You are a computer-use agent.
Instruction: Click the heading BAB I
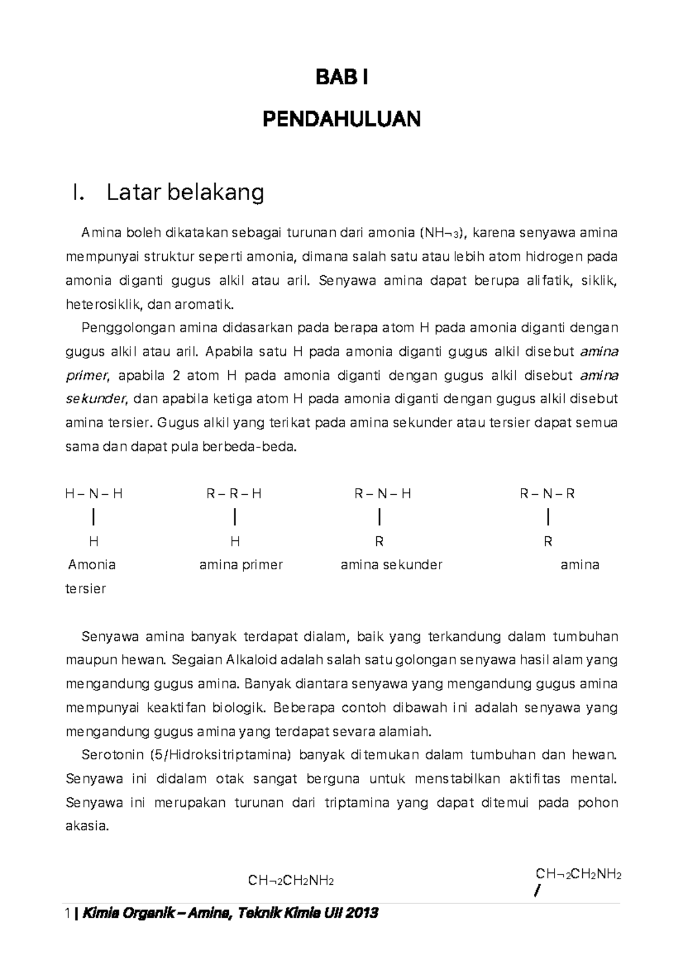(341, 78)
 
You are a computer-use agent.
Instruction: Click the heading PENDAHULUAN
(341, 119)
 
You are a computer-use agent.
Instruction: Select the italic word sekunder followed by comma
(96, 399)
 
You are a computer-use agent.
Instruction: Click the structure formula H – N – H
(94, 494)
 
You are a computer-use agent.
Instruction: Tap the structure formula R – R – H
(234, 494)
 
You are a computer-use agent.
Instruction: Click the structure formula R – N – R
(547, 494)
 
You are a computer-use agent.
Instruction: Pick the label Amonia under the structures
(92, 565)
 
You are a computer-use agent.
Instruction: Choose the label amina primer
(241, 565)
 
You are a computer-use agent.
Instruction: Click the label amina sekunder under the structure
(391, 565)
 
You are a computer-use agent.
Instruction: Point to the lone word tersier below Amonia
(86, 589)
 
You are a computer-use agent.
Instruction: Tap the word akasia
(87, 826)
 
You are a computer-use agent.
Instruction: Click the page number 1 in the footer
(68, 914)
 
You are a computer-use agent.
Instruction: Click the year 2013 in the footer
(361, 914)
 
